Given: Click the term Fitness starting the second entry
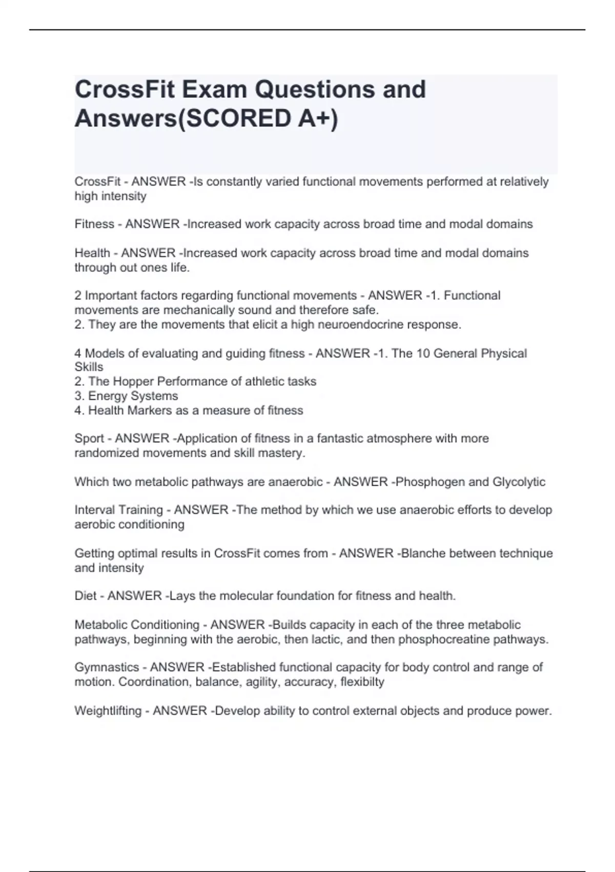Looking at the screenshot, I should [94, 224].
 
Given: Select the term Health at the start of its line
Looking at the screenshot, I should [92, 253].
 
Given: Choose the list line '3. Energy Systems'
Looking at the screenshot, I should [126, 396].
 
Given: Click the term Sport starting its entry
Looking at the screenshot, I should [89, 439].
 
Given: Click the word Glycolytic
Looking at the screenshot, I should [519, 482].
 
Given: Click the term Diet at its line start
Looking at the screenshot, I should [85, 596].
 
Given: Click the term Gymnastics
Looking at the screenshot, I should [107, 667].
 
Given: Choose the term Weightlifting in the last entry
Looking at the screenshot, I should [108, 711].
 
